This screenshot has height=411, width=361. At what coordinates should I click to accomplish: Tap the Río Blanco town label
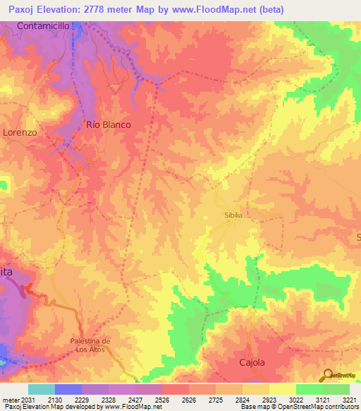click(x=109, y=124)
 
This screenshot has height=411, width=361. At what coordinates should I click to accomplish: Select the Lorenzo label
click(x=19, y=132)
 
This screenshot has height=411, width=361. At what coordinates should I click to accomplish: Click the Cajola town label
click(x=250, y=362)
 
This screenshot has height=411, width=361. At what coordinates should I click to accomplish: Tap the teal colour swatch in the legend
click(x=41, y=389)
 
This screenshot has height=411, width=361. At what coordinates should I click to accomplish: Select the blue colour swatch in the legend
click(x=68, y=389)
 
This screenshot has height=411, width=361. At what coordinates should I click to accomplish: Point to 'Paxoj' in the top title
click(x=21, y=10)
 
